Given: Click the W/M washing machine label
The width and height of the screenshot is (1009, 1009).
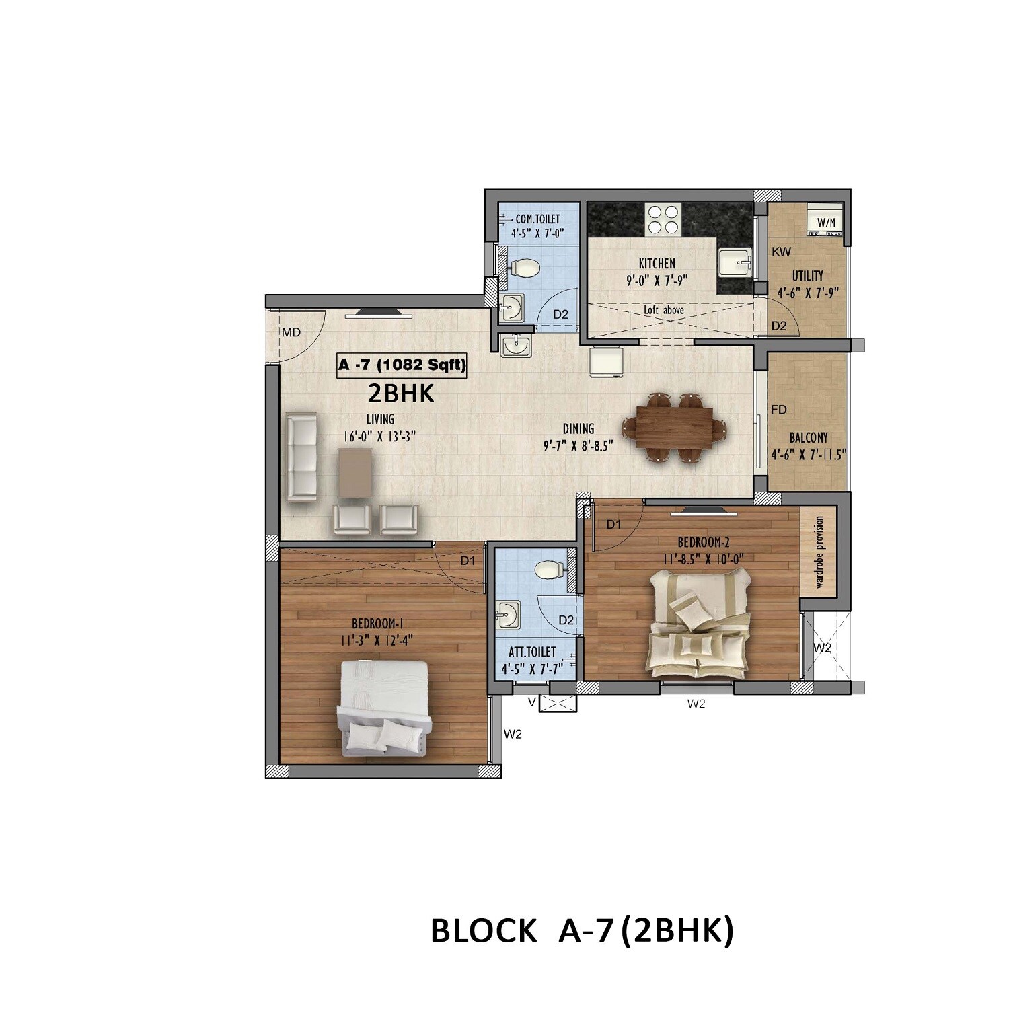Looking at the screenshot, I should click(825, 222).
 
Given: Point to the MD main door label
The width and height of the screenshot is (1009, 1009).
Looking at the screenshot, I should click(291, 332).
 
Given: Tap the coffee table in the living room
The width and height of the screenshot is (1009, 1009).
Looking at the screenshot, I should click(355, 473).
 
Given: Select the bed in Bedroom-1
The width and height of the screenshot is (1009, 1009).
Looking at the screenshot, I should click(384, 706).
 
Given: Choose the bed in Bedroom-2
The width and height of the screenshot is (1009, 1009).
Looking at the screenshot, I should click(700, 622).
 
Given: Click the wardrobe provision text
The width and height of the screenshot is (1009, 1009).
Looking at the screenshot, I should click(819, 552).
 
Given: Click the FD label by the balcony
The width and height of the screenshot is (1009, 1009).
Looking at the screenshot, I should click(779, 409).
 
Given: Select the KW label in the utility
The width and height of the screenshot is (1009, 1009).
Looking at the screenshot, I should click(782, 252).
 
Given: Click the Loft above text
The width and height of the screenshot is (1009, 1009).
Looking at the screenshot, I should click(664, 310).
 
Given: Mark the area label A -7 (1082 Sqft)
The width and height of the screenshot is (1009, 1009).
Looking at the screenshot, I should click(402, 365).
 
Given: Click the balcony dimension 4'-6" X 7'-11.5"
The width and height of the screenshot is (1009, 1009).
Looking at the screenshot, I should click(809, 454).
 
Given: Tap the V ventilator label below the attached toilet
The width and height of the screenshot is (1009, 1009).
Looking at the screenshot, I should click(531, 702).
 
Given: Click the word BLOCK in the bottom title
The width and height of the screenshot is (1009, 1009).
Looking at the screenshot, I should click(483, 931).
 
